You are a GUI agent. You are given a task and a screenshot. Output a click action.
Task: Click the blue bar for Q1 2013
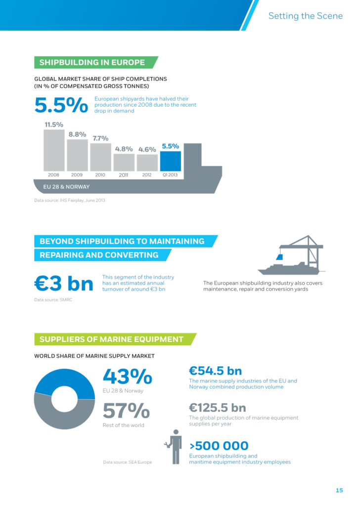click(171, 161)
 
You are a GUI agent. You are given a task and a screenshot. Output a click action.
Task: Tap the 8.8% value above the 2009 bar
click(77, 134)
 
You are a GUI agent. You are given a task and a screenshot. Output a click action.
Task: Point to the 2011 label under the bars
click(124, 175)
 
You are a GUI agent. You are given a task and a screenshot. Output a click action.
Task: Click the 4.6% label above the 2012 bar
click(147, 149)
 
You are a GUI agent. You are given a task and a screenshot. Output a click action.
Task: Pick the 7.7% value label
click(100, 138)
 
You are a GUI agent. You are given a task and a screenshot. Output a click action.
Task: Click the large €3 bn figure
click(64, 284)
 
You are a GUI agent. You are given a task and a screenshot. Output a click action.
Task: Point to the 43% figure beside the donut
click(127, 377)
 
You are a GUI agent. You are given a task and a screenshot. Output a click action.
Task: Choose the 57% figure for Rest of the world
click(126, 412)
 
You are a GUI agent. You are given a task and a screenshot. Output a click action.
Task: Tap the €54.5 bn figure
click(215, 371)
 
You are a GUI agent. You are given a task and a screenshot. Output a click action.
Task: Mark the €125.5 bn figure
click(218, 408)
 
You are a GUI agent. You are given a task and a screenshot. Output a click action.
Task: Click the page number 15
click(339, 490)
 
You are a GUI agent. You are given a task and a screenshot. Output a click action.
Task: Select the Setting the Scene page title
click(305, 16)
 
